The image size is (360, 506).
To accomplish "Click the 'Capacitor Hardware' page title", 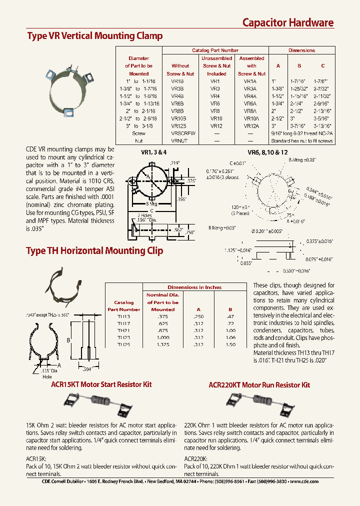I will point(287,22).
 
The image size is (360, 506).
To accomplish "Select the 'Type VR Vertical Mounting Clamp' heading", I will point(94,36).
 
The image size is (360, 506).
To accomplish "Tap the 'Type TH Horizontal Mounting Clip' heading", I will point(94,251).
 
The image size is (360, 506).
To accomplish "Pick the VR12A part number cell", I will point(251,126).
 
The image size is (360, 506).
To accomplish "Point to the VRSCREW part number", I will point(183,133).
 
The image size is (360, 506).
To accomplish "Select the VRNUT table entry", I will point(180,141).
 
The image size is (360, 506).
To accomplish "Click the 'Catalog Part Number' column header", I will point(215,50).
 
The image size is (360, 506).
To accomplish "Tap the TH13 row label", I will point(123,316).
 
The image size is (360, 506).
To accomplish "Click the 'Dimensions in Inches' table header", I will point(194,287).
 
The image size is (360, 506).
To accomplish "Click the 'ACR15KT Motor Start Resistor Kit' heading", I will point(101,384).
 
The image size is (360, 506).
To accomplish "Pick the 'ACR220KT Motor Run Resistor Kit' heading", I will point(259,384).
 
